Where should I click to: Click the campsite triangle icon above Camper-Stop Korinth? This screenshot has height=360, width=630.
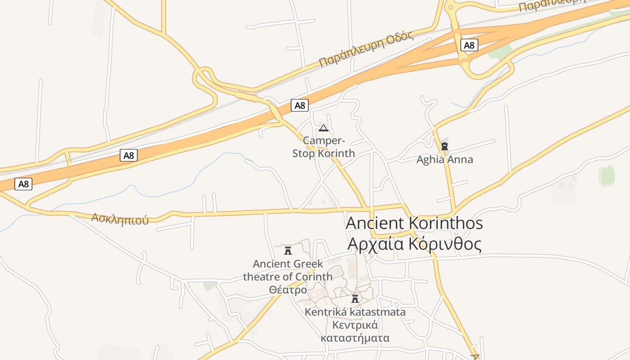[x=323, y=128]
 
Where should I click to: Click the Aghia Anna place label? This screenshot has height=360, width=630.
[x=445, y=160]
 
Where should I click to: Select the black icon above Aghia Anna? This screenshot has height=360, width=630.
[x=445, y=146]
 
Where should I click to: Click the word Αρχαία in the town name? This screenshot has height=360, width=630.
[x=376, y=244]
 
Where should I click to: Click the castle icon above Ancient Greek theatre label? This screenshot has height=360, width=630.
[x=288, y=250]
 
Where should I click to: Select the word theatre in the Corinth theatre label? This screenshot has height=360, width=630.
[x=261, y=276]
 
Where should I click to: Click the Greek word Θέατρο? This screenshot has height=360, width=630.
[x=288, y=290]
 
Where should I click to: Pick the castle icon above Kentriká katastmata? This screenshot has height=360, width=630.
[x=355, y=299]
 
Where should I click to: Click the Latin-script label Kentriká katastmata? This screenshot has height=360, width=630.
[x=355, y=312]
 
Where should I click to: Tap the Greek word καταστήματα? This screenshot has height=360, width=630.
[x=355, y=338]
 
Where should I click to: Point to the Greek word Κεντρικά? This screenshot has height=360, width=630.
[x=355, y=325]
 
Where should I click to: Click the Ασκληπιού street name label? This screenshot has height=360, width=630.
[x=120, y=219]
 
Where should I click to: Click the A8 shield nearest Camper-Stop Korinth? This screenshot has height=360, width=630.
[x=300, y=105]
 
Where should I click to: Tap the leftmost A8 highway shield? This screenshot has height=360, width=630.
[x=23, y=184]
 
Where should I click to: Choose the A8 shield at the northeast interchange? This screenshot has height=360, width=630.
[x=469, y=45]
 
